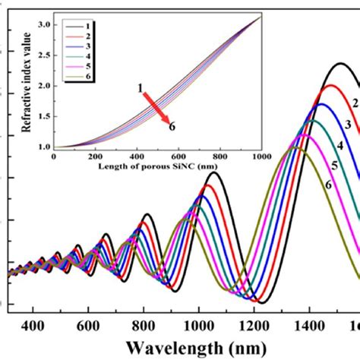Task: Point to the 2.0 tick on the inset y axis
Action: click(43, 86)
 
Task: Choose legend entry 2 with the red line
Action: click(84, 35)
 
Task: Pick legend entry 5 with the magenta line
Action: click(84, 67)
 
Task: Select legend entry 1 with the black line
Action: click(84, 24)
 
